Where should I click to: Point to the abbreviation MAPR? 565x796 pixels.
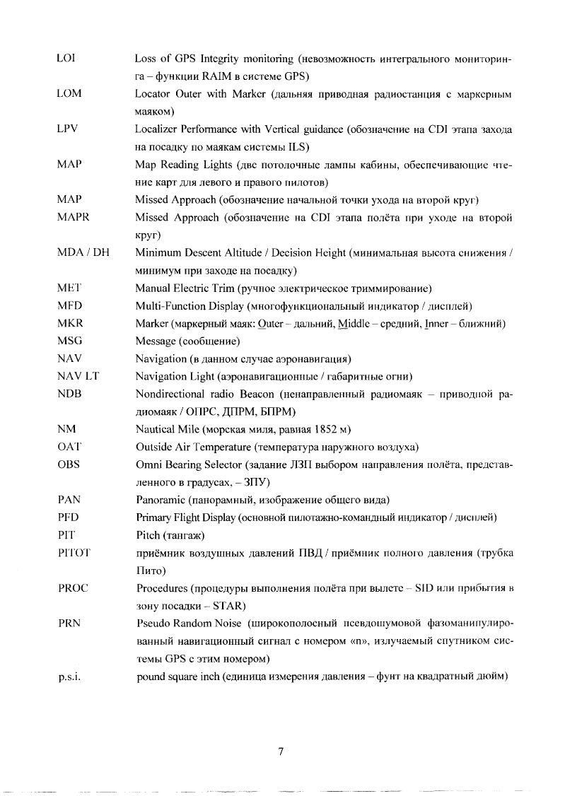point(71,216)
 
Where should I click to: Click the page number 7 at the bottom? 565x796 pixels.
point(281,752)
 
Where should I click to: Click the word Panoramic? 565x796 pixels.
point(159,499)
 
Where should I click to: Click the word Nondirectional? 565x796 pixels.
point(170,394)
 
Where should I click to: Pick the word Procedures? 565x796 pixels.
point(162,587)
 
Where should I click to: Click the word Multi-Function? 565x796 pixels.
point(165,306)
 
